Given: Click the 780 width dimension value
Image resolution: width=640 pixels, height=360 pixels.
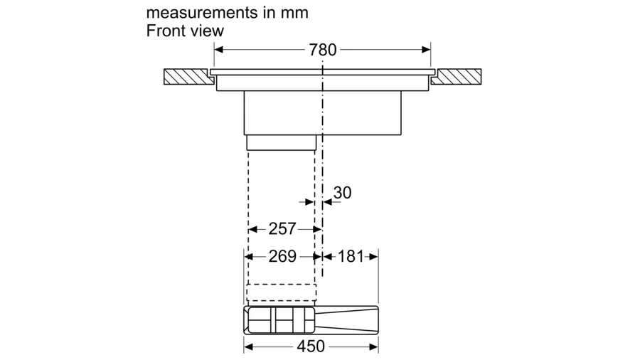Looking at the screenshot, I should point(323,50).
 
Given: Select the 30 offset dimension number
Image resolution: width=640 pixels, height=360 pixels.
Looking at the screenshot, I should point(342,193).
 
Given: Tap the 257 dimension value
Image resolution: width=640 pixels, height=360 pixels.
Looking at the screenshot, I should point(282,229).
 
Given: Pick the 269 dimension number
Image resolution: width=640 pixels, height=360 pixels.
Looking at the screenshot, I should point(282,256).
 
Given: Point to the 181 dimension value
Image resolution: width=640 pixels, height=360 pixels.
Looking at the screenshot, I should point(351,256).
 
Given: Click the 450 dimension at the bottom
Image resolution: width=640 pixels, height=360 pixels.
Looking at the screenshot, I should point(311,346).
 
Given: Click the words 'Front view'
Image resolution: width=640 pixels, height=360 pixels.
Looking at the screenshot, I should point(185,31).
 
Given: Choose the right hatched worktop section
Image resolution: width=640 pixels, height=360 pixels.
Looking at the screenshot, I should point(457,76).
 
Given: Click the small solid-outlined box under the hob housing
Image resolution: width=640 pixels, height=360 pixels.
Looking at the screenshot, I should point(282,143).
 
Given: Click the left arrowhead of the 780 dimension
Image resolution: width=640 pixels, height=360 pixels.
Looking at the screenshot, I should point(218,50).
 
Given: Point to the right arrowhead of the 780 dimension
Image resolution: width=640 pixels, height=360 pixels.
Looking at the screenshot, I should point(427,50).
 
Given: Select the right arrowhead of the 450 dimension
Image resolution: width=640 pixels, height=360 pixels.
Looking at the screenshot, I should point(374,346).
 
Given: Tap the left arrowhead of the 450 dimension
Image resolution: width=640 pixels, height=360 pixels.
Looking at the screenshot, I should point(248,346).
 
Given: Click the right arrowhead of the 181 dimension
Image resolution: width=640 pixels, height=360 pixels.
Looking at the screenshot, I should point(374,256).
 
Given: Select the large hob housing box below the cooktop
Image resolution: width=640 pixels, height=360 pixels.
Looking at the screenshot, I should point(322,112).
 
